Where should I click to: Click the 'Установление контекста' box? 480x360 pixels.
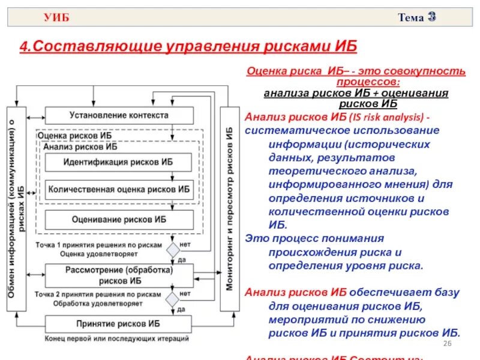pyautogui.click(x=119, y=115)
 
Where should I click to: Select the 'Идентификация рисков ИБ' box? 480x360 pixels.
pyautogui.click(x=119, y=162)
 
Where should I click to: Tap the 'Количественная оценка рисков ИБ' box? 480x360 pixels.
pyautogui.click(x=119, y=189)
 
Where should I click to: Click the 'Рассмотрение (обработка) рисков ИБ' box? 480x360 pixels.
pyautogui.click(x=119, y=275)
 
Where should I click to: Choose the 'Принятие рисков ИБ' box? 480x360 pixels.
pyautogui.click(x=119, y=323)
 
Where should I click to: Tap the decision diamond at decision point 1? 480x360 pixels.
pyautogui.click(x=173, y=250)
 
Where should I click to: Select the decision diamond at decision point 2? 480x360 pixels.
pyautogui.click(x=173, y=299)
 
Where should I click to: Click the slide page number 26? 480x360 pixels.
pyautogui.click(x=446, y=343)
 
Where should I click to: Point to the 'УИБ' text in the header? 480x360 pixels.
pyautogui.click(x=56, y=17)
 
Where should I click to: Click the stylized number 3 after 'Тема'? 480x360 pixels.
pyautogui.click(x=431, y=17)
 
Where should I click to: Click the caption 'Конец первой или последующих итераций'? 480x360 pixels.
pyautogui.click(x=116, y=339)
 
